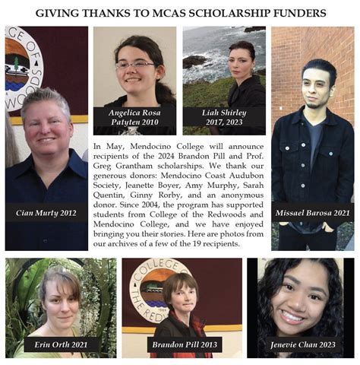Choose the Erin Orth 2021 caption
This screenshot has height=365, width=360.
pyautogui.click(x=61, y=344)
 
